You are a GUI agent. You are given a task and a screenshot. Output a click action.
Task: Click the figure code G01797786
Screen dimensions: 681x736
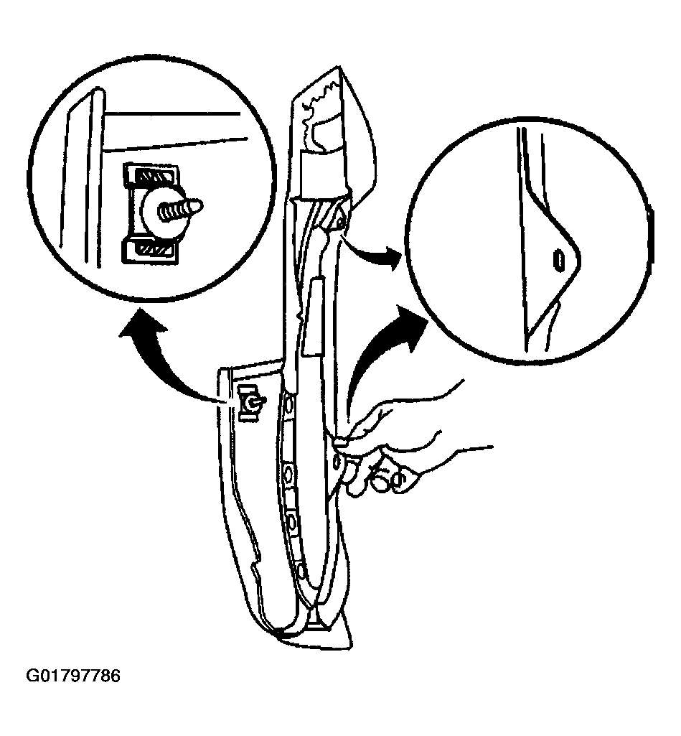pyautogui.click(x=73, y=676)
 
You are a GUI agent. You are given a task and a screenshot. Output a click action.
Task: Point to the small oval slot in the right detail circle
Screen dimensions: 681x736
pyautogui.click(x=558, y=259)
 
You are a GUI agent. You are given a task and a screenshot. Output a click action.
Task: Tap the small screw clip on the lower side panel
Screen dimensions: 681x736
pyautogui.click(x=250, y=403)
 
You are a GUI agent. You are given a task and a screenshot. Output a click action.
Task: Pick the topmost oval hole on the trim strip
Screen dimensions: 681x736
pyautogui.click(x=289, y=404)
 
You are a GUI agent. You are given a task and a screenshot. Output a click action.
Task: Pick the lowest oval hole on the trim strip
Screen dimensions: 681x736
pyautogui.click(x=301, y=572)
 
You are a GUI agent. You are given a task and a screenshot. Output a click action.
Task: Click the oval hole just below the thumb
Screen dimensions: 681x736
pyautogui.click(x=337, y=462)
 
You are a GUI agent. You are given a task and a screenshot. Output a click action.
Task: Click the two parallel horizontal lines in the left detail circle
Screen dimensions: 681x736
pyautogui.click(x=174, y=131)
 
